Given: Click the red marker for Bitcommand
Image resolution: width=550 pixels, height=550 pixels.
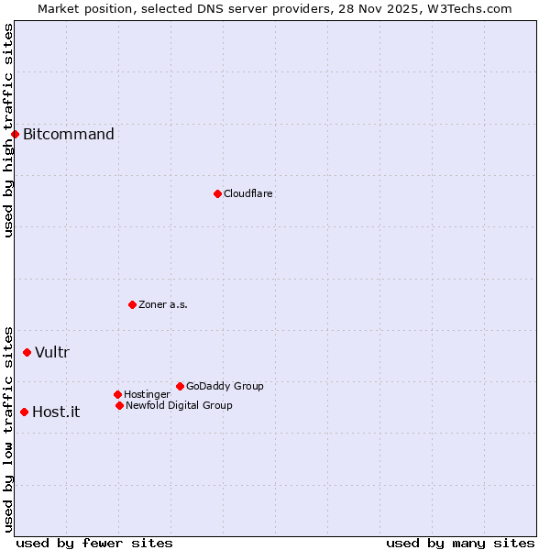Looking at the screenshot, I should [15, 134].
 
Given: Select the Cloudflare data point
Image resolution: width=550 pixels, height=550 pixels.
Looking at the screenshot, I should [217, 193].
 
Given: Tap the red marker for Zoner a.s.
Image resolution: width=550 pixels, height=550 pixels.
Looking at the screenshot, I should [132, 304].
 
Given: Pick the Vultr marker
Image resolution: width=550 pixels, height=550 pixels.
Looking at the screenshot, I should [27, 352].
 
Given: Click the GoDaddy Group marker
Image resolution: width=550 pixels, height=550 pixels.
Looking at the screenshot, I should [180, 386].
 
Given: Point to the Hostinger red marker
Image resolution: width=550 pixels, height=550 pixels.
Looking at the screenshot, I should [117, 394].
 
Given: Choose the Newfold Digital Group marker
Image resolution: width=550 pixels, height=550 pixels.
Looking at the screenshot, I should [119, 405].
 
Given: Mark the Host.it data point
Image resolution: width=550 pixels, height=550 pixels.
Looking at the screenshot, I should [24, 412].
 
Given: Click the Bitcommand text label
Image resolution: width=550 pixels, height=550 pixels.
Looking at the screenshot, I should [69, 135].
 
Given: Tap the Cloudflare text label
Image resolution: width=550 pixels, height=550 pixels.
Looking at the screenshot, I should [248, 193].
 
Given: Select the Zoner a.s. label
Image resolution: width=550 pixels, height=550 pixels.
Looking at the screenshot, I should [163, 304].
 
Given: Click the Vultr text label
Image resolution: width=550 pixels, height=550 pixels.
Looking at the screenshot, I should [52, 353].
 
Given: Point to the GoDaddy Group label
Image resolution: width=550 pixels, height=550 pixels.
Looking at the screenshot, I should [225, 386].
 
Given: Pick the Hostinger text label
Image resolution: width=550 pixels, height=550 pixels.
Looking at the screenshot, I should [147, 394].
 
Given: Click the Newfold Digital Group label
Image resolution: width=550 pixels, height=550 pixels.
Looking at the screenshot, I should [179, 405].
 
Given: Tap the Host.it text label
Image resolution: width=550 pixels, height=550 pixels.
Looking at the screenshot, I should [56, 412].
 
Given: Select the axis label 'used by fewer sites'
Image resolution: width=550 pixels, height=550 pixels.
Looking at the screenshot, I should [94, 543].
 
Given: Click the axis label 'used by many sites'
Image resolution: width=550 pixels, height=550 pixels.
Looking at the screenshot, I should [460, 543].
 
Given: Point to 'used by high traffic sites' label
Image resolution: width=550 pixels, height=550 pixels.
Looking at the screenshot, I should [8, 130].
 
